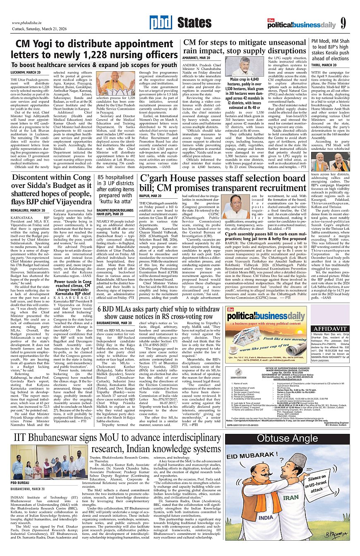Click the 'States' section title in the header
[x=194, y=23]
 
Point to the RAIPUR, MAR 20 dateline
[x=150, y=195]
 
